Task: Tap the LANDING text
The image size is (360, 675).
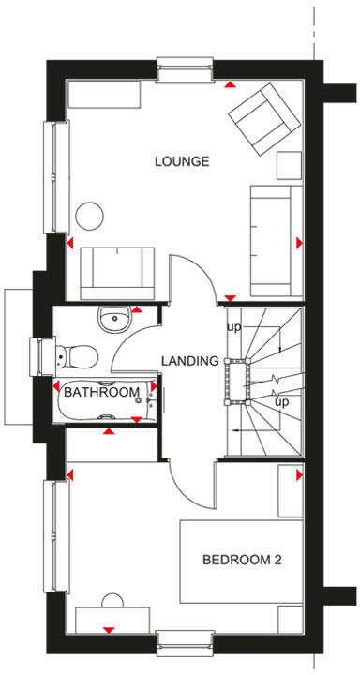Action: click(189, 360)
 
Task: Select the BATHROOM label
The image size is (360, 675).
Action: click(101, 392)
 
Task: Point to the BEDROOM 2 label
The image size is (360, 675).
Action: click(243, 561)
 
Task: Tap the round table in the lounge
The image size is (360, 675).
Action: click(92, 216)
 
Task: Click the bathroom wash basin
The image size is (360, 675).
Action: click(113, 318)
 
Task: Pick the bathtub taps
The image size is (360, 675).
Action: click(148, 393)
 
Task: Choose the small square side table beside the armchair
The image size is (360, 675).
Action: click(288, 166)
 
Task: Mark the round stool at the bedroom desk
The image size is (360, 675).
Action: click(113, 601)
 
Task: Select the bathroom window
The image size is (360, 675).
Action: click(42, 357)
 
